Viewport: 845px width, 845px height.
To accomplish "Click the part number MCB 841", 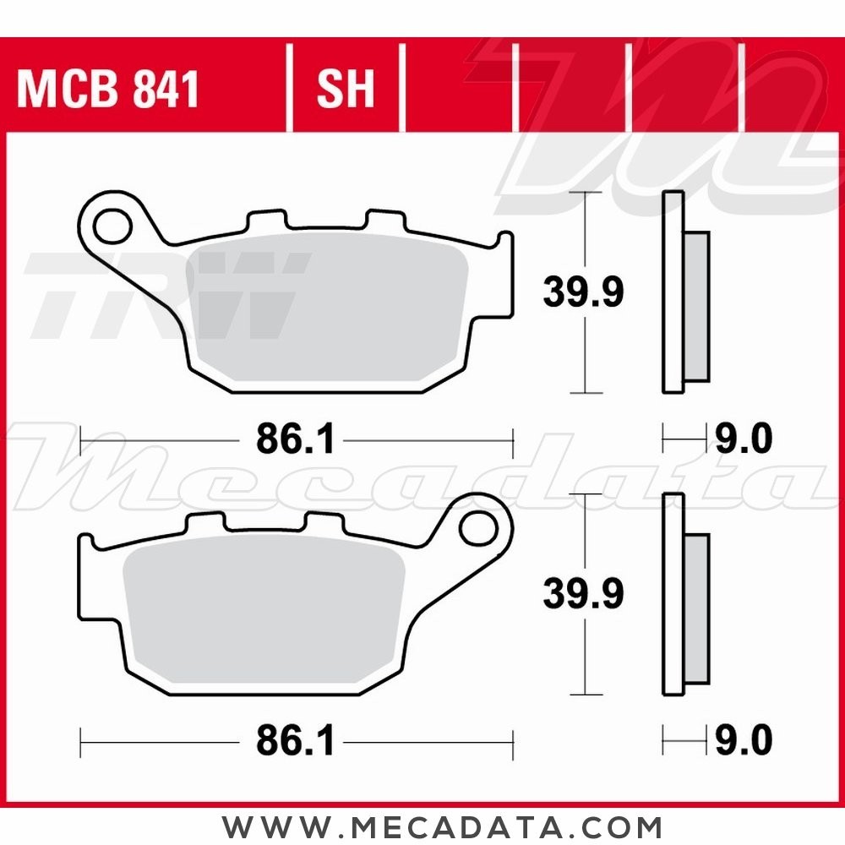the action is click(108, 89).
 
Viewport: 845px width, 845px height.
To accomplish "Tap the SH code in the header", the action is click(345, 89).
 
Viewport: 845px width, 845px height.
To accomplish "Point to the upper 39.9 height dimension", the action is click(583, 292).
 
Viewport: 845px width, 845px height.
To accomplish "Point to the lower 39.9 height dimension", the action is click(583, 593).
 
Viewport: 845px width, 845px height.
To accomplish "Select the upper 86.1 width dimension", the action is click(295, 439).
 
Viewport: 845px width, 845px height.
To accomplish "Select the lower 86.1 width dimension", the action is click(295, 741).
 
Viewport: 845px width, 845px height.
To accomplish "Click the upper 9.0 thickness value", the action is click(744, 439).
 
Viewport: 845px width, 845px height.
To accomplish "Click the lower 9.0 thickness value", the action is click(744, 741).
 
